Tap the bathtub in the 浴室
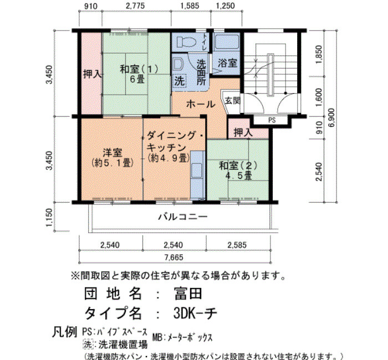click(x=227, y=42)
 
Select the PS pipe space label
click(x=272, y=120)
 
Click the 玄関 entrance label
click(x=232, y=101)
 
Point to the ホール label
click(x=201, y=104)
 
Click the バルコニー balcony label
click(x=183, y=217)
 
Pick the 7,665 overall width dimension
click(x=174, y=258)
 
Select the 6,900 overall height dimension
click(x=331, y=117)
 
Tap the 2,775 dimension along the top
click(x=135, y=6)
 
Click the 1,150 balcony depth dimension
click(x=49, y=218)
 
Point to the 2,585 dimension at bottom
click(x=237, y=245)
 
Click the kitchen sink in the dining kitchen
click(x=197, y=171)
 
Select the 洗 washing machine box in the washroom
click(x=180, y=81)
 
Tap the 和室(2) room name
click(x=238, y=166)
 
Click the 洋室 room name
click(x=113, y=152)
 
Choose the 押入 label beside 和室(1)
click(x=92, y=74)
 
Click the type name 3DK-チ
click(x=195, y=313)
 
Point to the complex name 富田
click(x=188, y=294)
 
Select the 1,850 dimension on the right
click(x=319, y=54)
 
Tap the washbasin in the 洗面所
click(x=178, y=64)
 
